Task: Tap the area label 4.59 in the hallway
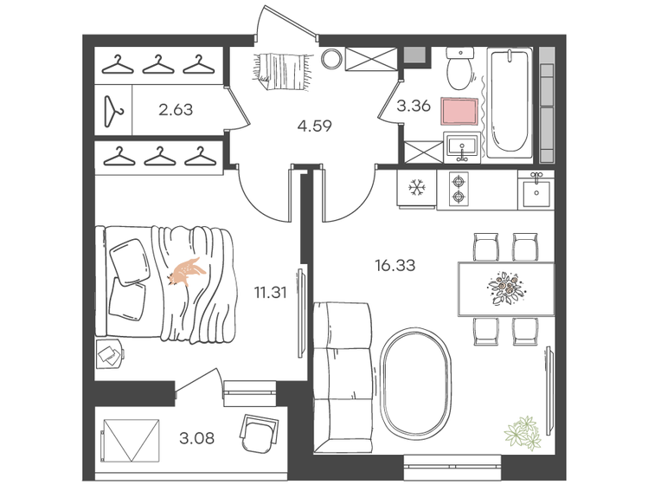[315, 126]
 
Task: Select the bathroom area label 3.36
[414, 108]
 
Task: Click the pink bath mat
[459, 112]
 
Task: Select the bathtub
[509, 104]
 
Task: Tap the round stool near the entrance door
[330, 60]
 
